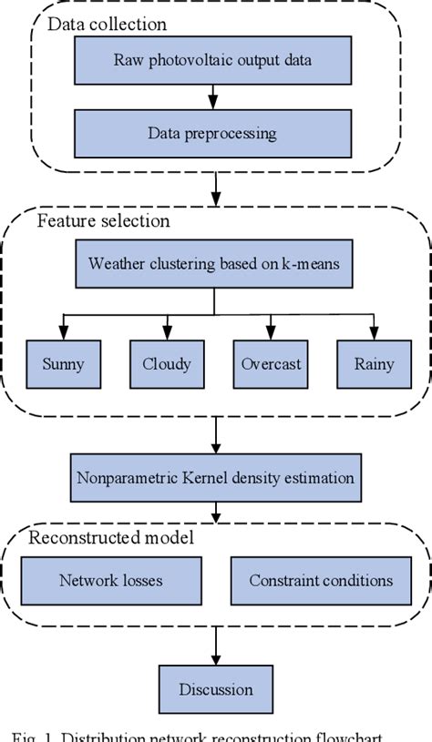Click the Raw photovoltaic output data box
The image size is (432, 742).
[x=212, y=62]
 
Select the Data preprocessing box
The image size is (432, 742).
[x=212, y=134]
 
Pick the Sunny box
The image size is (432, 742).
[x=63, y=364]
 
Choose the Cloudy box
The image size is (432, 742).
[x=166, y=364]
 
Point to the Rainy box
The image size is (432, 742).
[x=373, y=364]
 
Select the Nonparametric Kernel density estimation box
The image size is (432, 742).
[x=212, y=476]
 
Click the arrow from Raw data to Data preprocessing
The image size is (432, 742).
[x=212, y=97]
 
